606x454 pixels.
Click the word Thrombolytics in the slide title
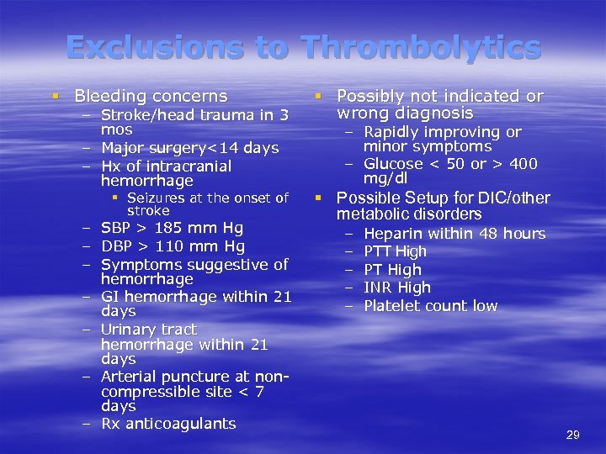point(422,47)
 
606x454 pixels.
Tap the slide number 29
point(573,435)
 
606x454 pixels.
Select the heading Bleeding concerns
point(151,97)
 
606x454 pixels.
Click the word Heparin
point(395,234)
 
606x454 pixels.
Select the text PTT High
point(395,251)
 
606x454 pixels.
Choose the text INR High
point(396,288)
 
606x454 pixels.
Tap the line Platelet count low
point(430,306)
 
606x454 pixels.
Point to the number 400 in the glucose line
point(521,164)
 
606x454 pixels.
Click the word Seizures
point(157,198)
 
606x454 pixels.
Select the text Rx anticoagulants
point(168,424)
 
